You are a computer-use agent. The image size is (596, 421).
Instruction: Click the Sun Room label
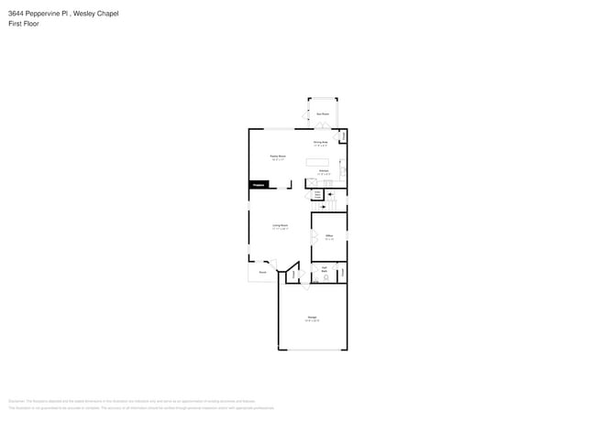click(322, 114)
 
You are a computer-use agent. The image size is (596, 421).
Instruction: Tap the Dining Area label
click(321, 143)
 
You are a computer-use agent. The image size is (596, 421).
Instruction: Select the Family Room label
click(277, 157)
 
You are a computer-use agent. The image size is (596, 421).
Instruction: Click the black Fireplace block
click(259, 186)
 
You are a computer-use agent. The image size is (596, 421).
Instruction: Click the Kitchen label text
click(324, 171)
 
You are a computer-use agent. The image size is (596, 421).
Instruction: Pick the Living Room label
click(280, 226)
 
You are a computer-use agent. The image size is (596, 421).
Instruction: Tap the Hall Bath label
click(325, 269)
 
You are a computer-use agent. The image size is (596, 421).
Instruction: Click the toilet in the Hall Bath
click(325, 278)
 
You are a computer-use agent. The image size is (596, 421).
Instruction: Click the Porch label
click(262, 272)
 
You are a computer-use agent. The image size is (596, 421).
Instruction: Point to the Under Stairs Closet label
click(318, 194)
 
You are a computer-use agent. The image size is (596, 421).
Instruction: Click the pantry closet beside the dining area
click(344, 137)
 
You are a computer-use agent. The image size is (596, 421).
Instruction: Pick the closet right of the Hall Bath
click(342, 273)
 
